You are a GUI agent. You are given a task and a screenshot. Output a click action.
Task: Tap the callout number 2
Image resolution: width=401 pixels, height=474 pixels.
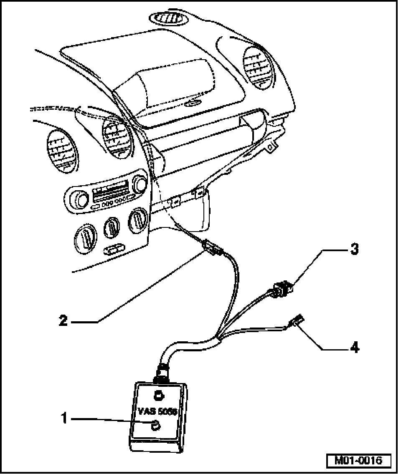tap(63, 320)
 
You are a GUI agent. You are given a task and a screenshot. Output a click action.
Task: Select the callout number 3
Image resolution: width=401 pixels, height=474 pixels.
tap(353, 250)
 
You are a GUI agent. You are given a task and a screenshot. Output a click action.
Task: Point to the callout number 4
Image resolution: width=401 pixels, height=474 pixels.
tap(353, 347)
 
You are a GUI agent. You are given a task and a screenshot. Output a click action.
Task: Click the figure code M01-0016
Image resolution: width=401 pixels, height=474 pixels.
tap(358, 461)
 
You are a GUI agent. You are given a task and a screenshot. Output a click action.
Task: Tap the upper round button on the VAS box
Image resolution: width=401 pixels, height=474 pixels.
tap(159, 395)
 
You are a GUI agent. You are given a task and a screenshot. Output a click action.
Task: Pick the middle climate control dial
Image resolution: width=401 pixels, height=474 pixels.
tap(112, 228)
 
